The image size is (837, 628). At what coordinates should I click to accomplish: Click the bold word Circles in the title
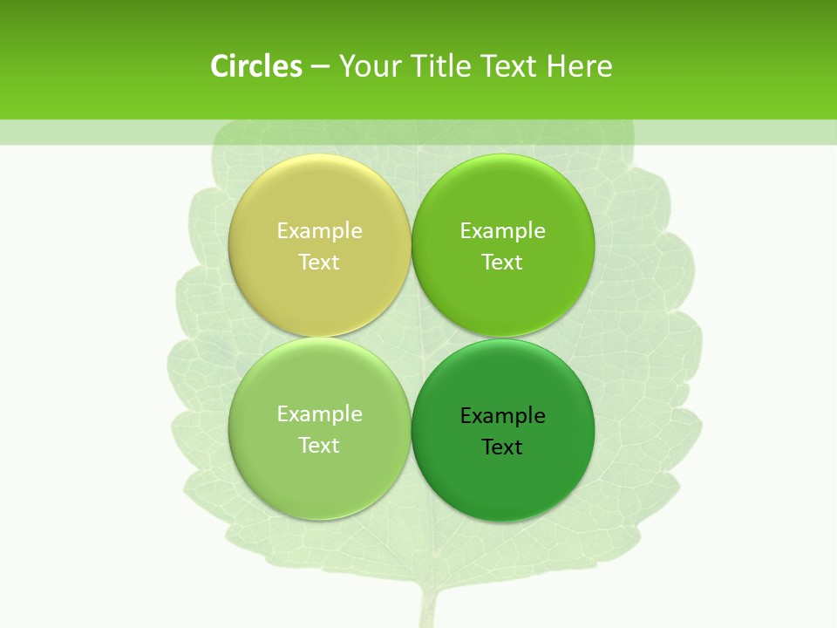(x=256, y=66)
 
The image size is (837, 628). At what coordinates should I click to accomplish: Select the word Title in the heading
(x=444, y=66)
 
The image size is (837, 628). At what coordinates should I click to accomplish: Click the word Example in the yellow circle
(x=319, y=231)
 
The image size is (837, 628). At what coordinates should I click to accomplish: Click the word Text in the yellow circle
(x=319, y=262)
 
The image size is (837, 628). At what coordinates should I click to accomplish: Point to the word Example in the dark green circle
(x=502, y=416)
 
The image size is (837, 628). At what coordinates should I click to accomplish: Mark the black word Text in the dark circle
(x=502, y=447)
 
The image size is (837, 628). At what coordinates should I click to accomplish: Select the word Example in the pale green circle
(x=319, y=414)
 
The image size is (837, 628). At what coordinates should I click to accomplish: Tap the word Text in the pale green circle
(x=319, y=445)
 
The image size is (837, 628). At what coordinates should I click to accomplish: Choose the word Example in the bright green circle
(x=502, y=231)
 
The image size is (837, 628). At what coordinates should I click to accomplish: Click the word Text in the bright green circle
(x=502, y=262)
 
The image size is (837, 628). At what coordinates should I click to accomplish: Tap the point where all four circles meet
(x=411, y=338)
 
